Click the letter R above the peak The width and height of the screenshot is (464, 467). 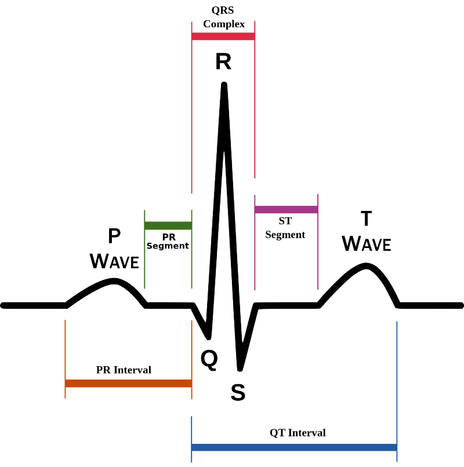223,61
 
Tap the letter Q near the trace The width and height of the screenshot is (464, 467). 209,360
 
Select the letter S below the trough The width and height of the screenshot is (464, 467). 238,393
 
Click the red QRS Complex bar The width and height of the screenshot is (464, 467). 223,37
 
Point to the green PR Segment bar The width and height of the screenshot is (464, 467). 168,225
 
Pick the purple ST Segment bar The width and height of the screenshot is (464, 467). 286,209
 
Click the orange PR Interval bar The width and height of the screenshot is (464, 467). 128,383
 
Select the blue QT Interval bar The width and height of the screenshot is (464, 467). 294,447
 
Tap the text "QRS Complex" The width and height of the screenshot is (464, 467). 223,17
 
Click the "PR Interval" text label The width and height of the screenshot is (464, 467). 124,370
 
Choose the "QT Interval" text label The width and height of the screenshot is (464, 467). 298,433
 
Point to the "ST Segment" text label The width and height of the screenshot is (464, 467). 285,228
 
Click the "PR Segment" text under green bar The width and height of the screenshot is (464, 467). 168,241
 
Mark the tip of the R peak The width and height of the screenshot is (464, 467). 224,85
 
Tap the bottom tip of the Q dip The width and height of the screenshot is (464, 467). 209,336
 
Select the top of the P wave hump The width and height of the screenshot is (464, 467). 114,280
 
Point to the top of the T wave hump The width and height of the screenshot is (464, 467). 366,265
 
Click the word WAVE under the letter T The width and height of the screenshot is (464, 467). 367,243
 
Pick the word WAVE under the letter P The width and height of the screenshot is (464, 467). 115,261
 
